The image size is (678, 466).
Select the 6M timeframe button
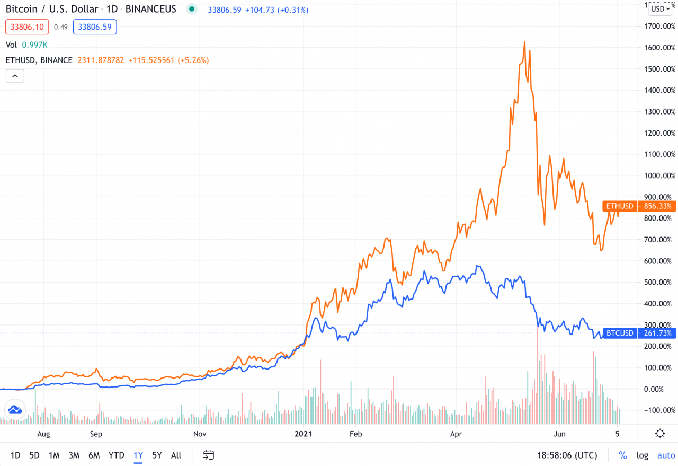point(94,455)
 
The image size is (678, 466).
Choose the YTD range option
point(116,455)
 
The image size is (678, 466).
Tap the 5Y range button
point(157,455)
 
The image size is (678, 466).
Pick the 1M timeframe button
point(53,455)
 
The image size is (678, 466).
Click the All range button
point(176,455)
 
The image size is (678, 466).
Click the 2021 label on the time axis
point(303,434)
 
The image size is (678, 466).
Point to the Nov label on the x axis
point(200,434)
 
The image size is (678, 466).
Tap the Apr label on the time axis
point(456,434)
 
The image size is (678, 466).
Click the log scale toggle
point(642,455)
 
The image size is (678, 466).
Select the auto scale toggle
point(666,455)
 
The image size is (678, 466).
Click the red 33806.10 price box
point(26,27)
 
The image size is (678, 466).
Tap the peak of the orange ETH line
point(524,41)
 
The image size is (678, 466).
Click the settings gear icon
point(660,434)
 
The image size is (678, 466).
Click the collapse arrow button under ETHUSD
point(15,76)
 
